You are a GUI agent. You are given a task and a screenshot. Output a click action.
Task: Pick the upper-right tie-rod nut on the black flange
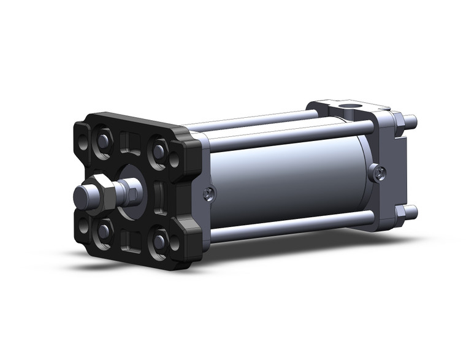tap(160, 149)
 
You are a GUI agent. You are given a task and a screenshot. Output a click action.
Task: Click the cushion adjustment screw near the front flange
tap(209, 194)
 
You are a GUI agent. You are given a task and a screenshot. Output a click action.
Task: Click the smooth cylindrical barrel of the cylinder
tap(288, 178)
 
